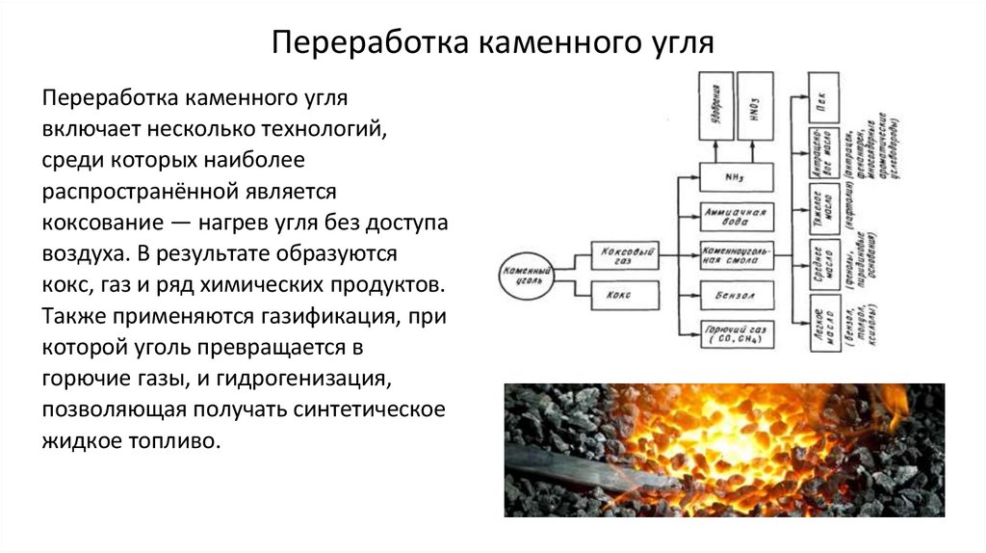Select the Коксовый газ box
click(x=624, y=253)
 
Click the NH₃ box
click(x=735, y=178)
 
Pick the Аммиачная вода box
click(x=735, y=217)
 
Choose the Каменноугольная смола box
click(x=735, y=254)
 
